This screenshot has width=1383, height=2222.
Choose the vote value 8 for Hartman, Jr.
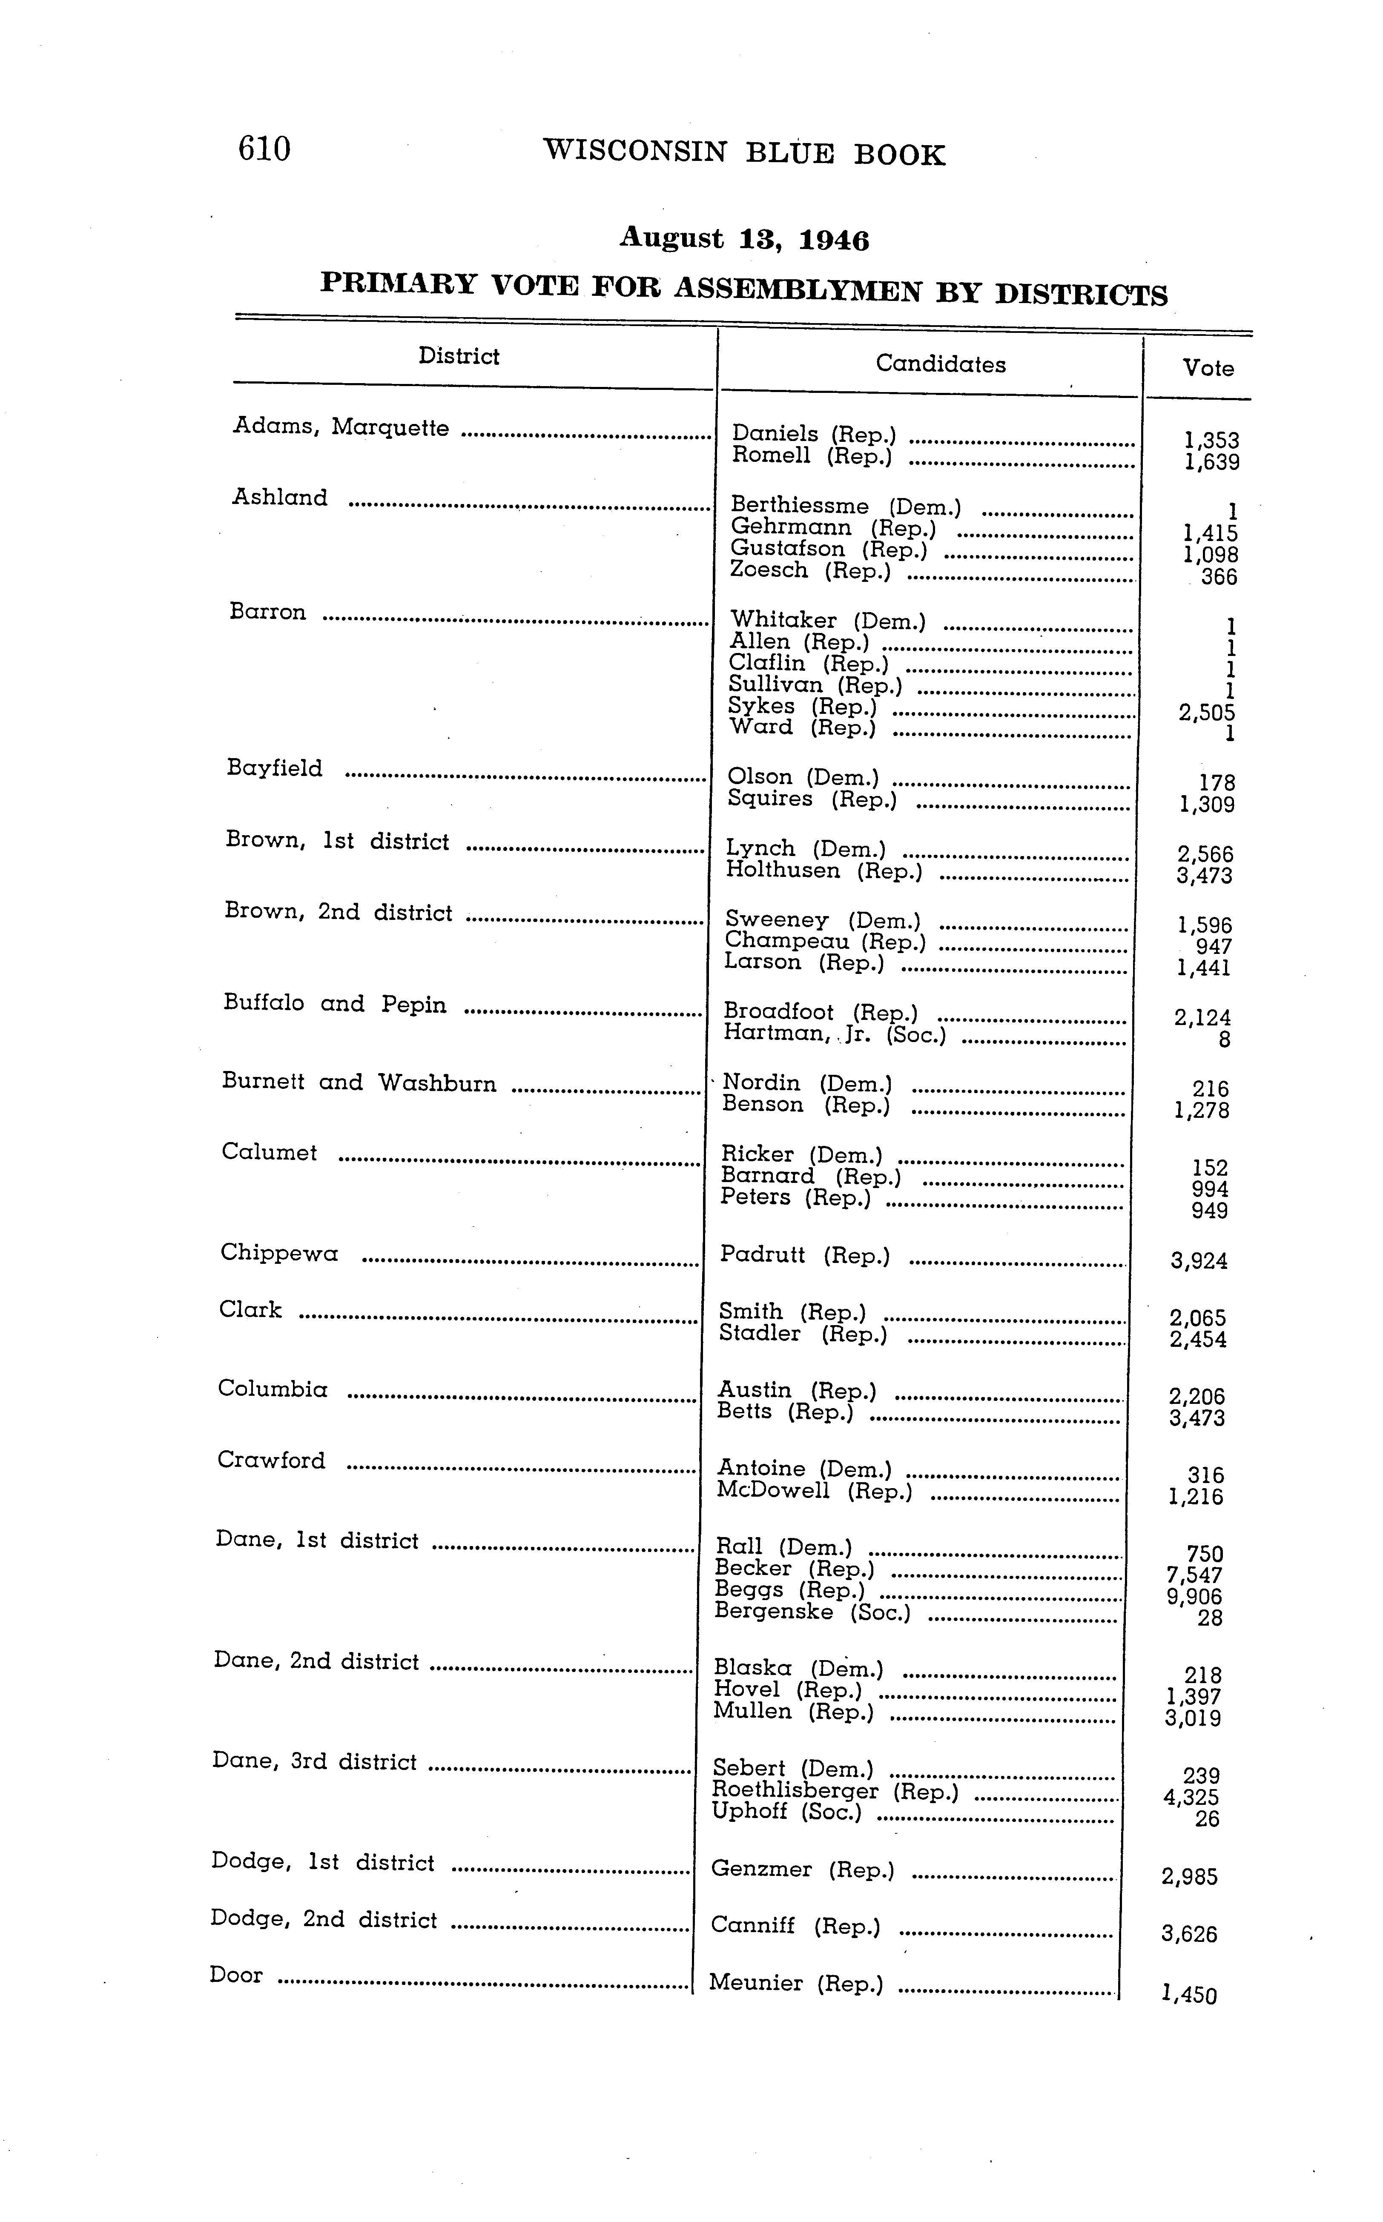click(x=1225, y=1039)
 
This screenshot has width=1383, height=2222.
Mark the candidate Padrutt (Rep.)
click(x=805, y=1255)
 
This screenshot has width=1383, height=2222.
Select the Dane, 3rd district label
click(x=315, y=1762)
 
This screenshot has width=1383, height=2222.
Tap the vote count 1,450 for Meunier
click(x=1189, y=1994)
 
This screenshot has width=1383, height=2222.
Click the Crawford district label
click(x=272, y=1460)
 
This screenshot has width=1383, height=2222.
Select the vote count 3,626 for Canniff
click(x=1189, y=1934)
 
